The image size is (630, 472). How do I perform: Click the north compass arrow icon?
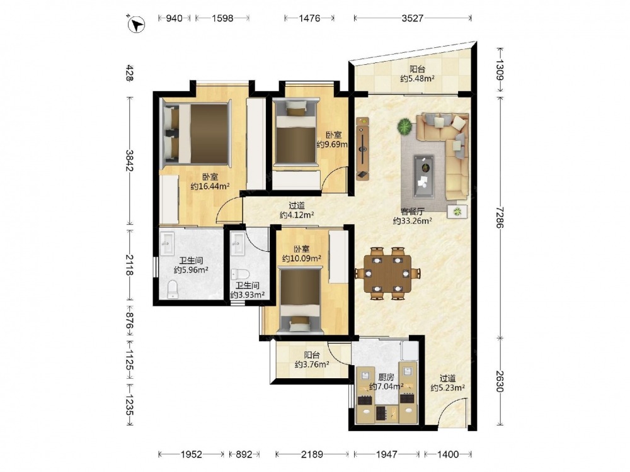click(x=136, y=24)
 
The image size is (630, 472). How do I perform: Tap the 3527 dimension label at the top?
click(x=412, y=18)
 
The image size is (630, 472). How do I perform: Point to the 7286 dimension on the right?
click(x=500, y=217)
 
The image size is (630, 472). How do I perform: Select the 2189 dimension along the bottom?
click(x=312, y=454)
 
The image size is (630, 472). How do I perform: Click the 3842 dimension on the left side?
click(x=129, y=160)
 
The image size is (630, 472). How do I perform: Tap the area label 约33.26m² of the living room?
click(x=412, y=220)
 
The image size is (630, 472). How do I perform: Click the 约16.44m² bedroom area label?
click(x=210, y=186)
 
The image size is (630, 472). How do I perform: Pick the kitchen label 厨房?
click(x=386, y=377)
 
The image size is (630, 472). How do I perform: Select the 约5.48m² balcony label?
click(x=417, y=79)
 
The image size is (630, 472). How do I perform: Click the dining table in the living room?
click(x=387, y=274)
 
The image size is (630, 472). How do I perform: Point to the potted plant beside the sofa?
click(x=405, y=127)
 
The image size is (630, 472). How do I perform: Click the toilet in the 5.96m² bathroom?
click(x=173, y=289)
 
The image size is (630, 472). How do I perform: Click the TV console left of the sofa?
click(x=362, y=149)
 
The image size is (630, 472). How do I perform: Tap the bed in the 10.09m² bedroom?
click(x=301, y=301)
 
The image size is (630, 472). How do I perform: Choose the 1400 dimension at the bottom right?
click(x=447, y=454)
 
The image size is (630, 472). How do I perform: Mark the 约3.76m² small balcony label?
click(x=312, y=364)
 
